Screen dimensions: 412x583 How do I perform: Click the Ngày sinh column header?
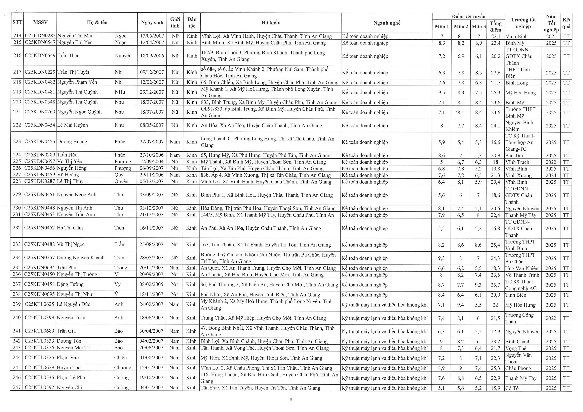tap(152, 23)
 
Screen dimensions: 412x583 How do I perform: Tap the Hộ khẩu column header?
tap(271, 23)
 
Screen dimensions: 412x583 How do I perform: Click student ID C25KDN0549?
tap(40, 56)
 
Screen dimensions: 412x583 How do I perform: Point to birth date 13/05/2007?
tap(152, 36)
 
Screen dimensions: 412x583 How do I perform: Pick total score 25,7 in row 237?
tap(495, 285)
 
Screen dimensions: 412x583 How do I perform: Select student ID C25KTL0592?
tap(39, 388)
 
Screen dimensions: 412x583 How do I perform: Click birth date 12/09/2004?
tap(152, 162)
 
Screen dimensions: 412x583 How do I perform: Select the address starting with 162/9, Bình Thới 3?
tap(263, 56)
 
